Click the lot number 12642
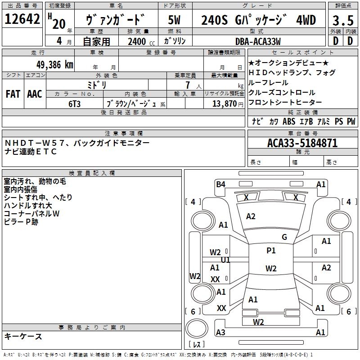pos(23,20)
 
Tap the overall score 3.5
pos(342,20)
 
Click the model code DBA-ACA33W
pos(258,41)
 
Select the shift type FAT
pos(13,94)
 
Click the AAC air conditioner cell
pos(35,94)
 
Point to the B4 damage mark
pos(220,184)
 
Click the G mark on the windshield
pos(284,237)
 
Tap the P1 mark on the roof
pos(271,251)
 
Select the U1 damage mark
pos(225,260)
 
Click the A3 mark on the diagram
pos(220,333)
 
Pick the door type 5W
pos(175,20)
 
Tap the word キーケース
pos(23,337)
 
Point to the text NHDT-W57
pos(34,143)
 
